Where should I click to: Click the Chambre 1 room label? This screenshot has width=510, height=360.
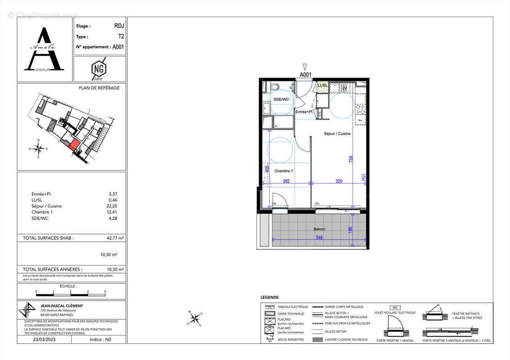coord(284,171)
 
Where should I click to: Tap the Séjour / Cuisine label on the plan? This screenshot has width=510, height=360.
coord(337,134)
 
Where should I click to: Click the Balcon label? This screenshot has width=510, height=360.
coord(320,229)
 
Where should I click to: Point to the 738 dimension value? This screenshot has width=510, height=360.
coord(351,159)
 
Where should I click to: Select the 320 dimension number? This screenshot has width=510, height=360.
coord(339,181)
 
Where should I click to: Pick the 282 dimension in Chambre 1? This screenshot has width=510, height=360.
coord(286,181)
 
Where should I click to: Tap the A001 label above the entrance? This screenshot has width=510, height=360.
coord(305,75)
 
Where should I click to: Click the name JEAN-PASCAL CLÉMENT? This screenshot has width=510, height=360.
coord(61,306)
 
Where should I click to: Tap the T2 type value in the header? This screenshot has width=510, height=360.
coord(120,37)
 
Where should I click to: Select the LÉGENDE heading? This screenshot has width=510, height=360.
coord(269,297)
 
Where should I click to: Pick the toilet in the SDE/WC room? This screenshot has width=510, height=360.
coord(275,86)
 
